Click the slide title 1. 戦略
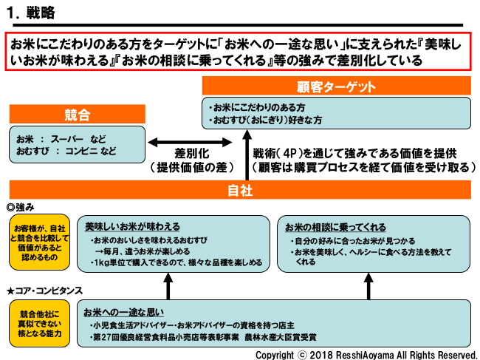click(30, 13)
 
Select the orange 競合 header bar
click(77, 115)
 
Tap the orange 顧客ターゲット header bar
click(337, 86)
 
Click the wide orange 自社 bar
click(240, 190)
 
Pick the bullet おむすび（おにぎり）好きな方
click(266, 120)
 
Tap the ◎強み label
click(21, 207)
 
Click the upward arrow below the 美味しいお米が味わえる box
click(168, 285)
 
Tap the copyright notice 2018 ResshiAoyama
click(366, 354)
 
